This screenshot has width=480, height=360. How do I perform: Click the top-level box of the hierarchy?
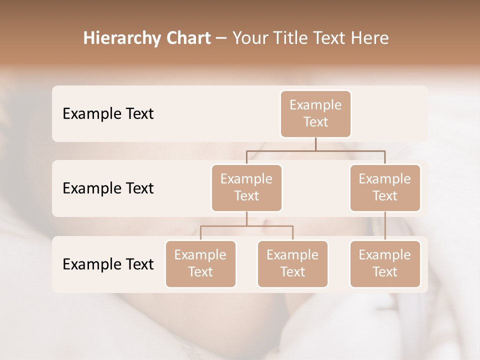[315, 113]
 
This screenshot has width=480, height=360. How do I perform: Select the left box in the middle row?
[246, 187]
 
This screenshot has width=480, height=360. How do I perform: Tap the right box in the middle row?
[385, 187]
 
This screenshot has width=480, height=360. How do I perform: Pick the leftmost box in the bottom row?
[200, 263]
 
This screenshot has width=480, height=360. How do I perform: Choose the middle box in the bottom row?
[292, 263]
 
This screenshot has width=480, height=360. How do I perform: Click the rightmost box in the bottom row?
[385, 263]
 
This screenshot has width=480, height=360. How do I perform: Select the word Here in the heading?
[370, 38]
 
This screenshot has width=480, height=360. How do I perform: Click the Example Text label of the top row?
[108, 113]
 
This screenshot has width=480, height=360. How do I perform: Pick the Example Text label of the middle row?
[108, 188]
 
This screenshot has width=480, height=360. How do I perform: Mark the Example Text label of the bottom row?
[108, 264]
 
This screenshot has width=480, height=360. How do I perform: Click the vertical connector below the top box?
[315, 144]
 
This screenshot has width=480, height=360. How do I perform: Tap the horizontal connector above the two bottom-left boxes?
[246, 226]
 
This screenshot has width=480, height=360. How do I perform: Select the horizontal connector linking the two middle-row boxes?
[315, 150]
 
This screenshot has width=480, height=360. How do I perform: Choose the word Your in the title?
[250, 38]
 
